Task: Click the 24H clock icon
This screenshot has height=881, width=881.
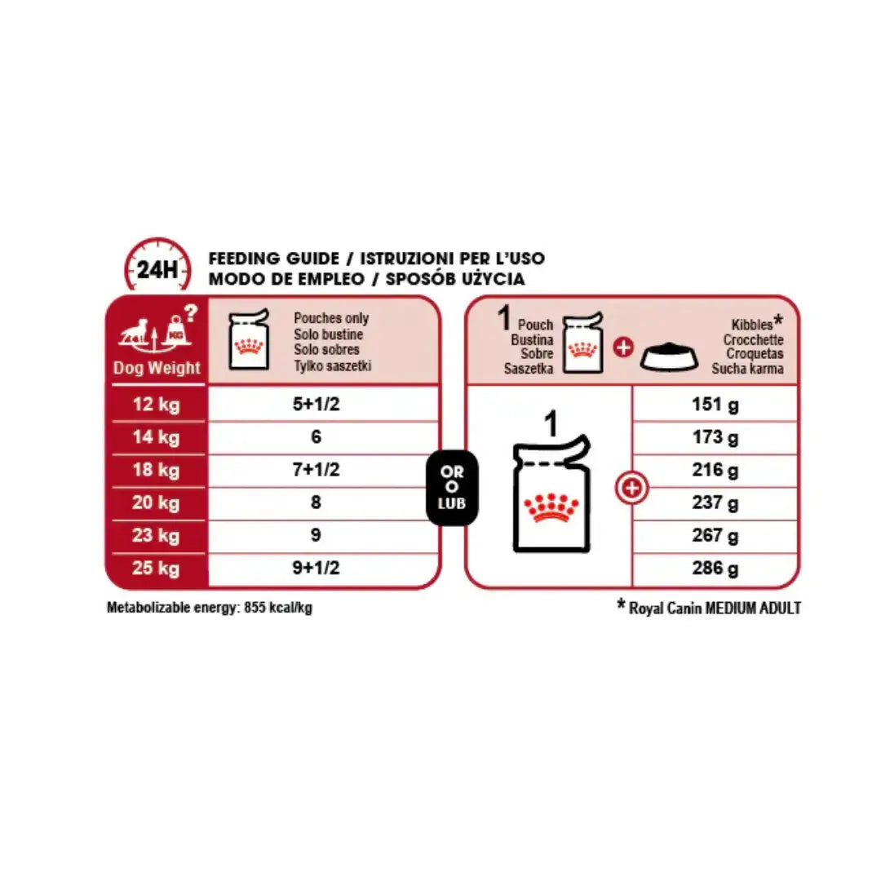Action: click(x=157, y=266)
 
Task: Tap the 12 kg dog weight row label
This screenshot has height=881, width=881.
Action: click(x=156, y=404)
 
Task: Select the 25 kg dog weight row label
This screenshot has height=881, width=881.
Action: click(x=156, y=568)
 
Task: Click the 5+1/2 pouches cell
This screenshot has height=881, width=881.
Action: click(x=316, y=404)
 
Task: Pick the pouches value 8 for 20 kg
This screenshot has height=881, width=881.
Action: click(x=316, y=502)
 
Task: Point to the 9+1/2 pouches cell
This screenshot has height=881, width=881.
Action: click(x=316, y=569)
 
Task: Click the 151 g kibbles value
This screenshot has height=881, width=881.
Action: click(x=715, y=404)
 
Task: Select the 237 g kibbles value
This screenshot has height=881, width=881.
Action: click(x=715, y=503)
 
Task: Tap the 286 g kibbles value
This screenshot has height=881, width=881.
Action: click(x=715, y=569)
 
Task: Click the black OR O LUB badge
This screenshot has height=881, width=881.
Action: click(x=452, y=488)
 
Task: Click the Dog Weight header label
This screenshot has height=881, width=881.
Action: click(x=157, y=368)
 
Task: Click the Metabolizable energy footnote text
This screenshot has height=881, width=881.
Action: click(x=210, y=609)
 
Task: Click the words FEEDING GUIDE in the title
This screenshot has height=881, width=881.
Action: click(x=274, y=259)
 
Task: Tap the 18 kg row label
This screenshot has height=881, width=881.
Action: click(x=156, y=470)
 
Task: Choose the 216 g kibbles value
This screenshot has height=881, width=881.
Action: click(x=715, y=470)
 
